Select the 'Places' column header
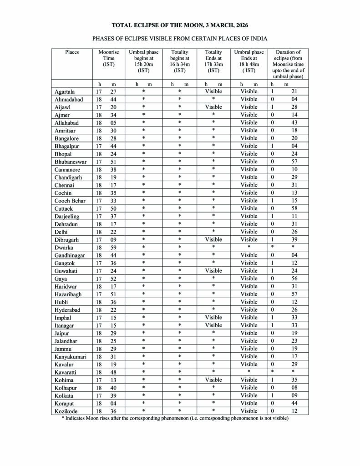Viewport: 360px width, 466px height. coord(72,52)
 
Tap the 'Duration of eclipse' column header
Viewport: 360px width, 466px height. coord(288,64)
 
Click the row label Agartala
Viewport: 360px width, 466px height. coord(65,91)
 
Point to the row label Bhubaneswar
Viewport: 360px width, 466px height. coord(70,162)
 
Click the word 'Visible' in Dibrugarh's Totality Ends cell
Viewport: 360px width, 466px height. coord(213,239)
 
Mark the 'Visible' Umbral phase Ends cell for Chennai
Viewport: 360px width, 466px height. coord(249,185)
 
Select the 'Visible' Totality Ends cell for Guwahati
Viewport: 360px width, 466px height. coord(213,271)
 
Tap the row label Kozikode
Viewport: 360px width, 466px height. coord(66,411)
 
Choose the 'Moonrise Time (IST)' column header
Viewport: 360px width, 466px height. coord(109,58)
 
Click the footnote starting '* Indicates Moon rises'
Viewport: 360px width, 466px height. coord(175,418)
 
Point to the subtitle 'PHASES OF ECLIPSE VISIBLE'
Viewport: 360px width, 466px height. coord(180,39)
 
